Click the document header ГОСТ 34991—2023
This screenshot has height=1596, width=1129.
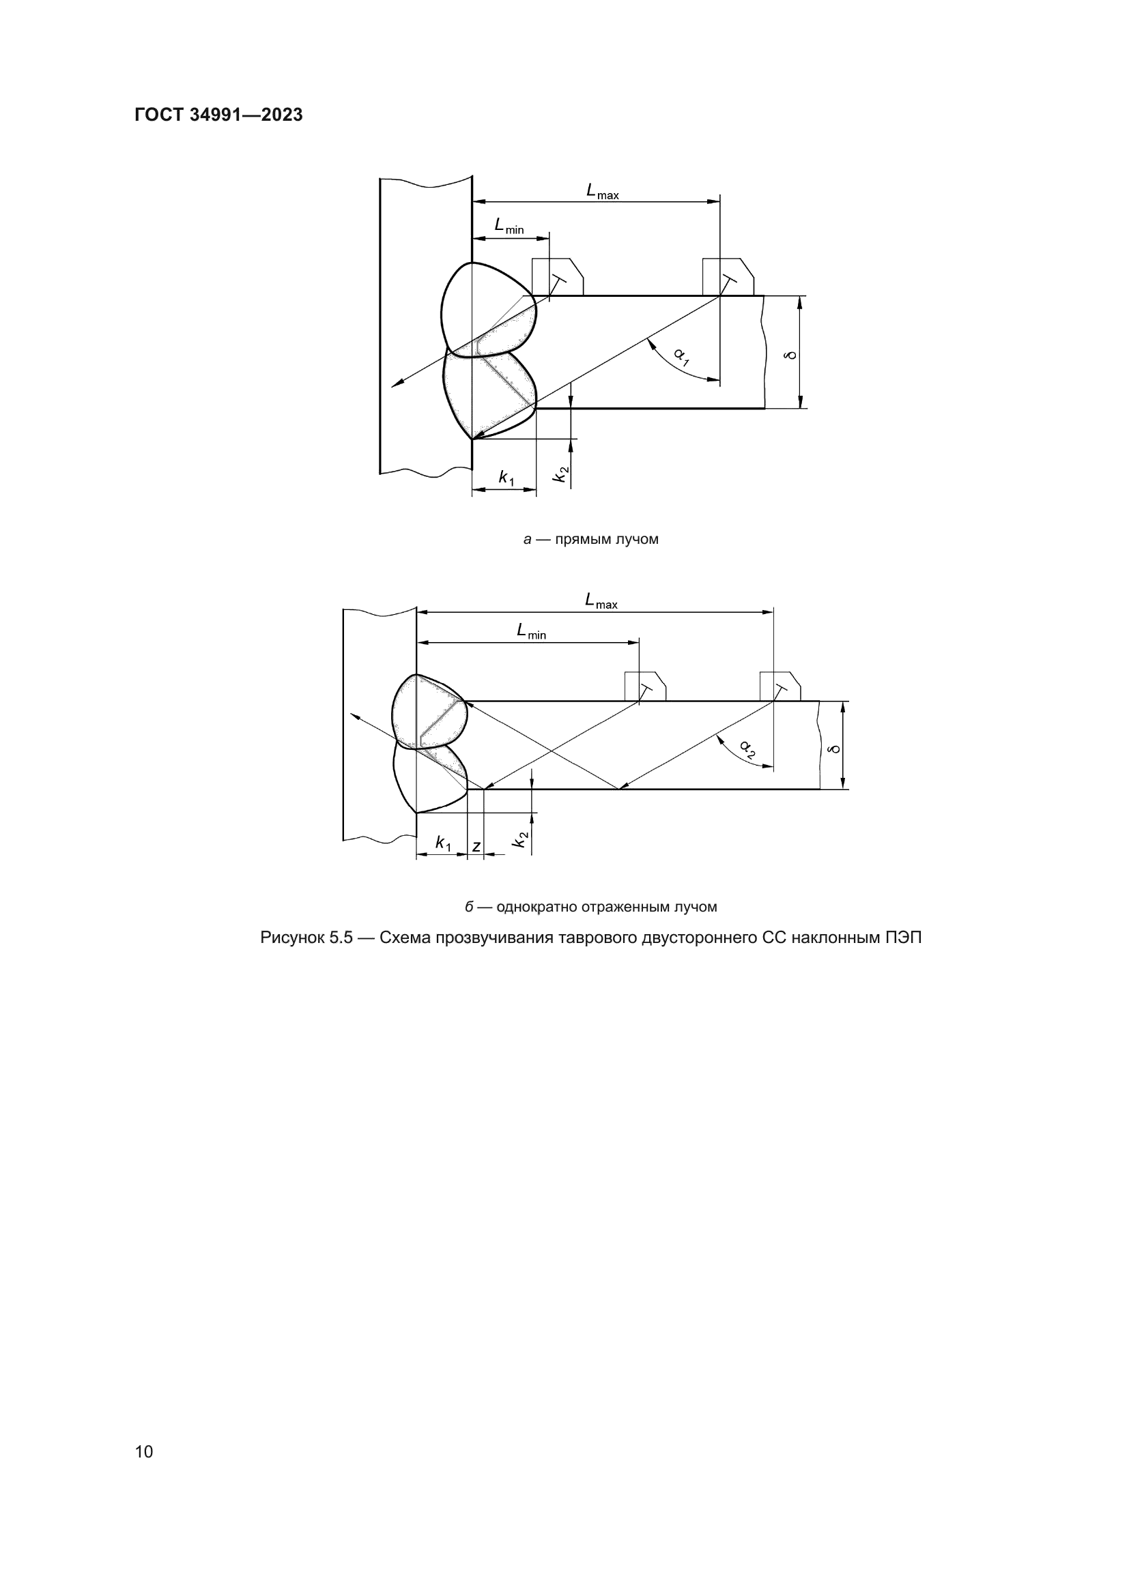(218, 115)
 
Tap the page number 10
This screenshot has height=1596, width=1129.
(144, 1451)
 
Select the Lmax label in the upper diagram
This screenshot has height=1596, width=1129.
(602, 191)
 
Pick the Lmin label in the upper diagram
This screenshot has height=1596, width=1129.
(509, 226)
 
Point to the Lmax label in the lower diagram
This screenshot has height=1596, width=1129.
(601, 600)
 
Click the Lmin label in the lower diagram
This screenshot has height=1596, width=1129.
(531, 631)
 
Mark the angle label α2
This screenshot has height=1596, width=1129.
(748, 749)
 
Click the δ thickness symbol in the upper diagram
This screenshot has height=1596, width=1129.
(789, 356)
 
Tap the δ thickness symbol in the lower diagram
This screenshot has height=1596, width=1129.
(833, 749)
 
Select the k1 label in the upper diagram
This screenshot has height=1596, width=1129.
(506, 478)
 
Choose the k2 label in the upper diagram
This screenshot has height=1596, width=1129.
(560, 474)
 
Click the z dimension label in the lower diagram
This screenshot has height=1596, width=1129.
(476, 846)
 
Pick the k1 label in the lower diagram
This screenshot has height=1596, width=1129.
(443, 843)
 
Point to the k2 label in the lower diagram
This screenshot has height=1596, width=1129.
(520, 840)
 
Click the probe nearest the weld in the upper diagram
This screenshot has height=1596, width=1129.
(558, 277)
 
